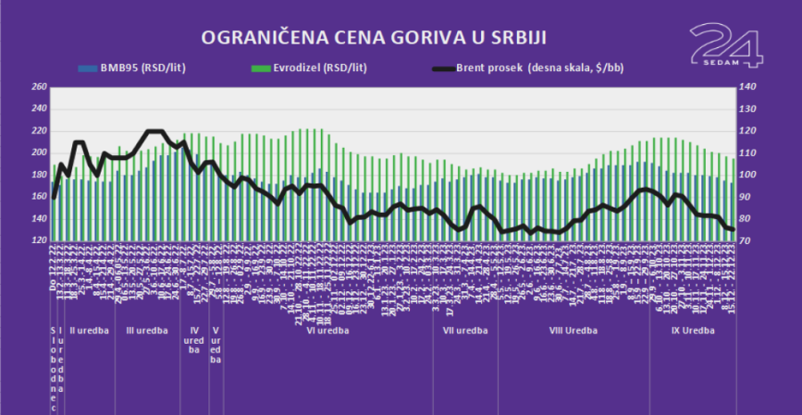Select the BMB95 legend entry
coord(143,67)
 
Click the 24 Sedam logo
coord(726,45)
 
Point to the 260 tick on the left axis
coord(38,87)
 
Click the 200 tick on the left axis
coord(38,153)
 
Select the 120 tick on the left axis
coord(38,240)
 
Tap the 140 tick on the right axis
coord(747,87)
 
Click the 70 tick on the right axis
coord(745,240)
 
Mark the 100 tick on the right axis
coord(747,175)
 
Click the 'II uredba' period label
coord(88,330)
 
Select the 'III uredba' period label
coord(147,330)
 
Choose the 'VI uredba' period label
coord(326,330)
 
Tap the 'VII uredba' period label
coord(464,330)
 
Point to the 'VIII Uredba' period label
coord(574,330)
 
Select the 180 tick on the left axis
coord(38,175)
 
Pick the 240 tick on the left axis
coord(38,110)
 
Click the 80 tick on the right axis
coord(745,219)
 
